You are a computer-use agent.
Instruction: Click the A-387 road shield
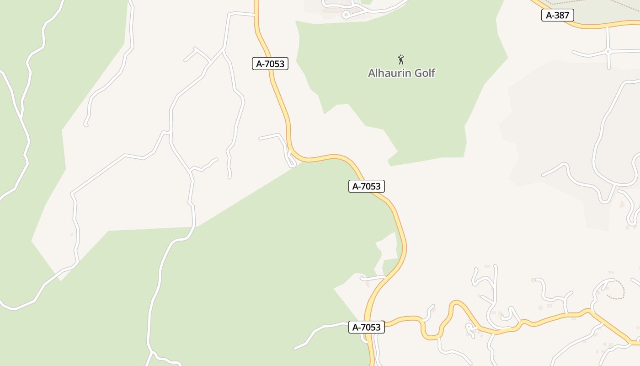pyautogui.click(x=557, y=15)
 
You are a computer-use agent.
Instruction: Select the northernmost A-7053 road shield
pyautogui.click(x=270, y=64)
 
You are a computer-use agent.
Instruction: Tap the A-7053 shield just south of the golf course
pyautogui.click(x=367, y=186)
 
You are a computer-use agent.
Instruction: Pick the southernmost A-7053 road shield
pyautogui.click(x=367, y=327)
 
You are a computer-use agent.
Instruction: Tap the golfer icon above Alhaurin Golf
pyautogui.click(x=401, y=59)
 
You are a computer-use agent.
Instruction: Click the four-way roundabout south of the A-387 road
pyautogui.click(x=608, y=52)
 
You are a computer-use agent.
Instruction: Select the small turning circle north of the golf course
pyautogui.click(x=346, y=15)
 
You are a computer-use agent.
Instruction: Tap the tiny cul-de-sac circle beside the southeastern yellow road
pyautogui.click(x=468, y=327)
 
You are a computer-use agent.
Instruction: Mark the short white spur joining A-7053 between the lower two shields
pyautogui.click(x=373, y=278)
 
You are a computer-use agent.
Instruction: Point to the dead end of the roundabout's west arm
pyautogui.click(x=574, y=53)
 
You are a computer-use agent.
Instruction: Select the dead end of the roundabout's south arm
pyautogui.click(x=608, y=68)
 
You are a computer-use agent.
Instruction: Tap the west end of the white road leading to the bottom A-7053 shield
pyautogui.click(x=295, y=349)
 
